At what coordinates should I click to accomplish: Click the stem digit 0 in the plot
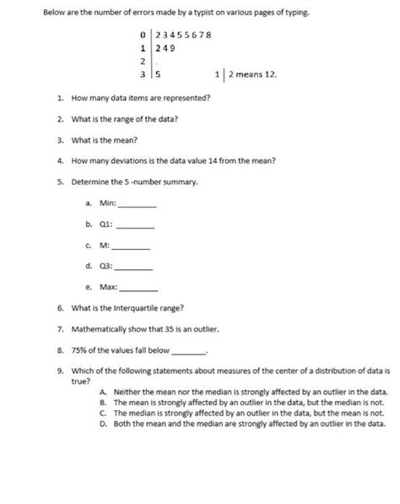coord(144,35)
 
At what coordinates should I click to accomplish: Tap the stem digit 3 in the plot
coord(144,74)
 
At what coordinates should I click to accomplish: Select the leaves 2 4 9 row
coord(165,48)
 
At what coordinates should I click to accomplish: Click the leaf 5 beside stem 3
coord(157,74)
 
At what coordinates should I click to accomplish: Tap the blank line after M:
coord(131,248)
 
